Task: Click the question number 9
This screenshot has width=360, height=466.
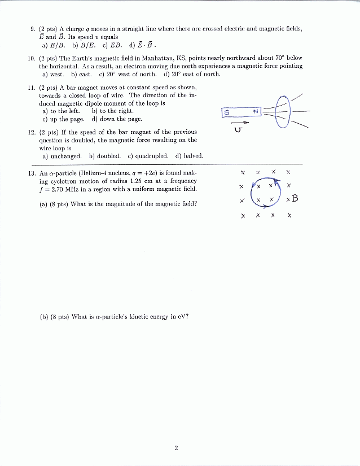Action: tap(31, 28)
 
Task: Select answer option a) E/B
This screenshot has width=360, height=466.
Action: tap(54, 45)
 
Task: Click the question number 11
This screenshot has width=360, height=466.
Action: tap(31, 88)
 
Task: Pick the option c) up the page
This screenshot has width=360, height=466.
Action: tap(64, 119)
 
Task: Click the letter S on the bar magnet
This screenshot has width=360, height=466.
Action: tap(227, 112)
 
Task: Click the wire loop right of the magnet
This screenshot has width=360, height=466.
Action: tap(283, 112)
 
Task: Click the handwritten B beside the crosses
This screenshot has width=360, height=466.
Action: tap(295, 199)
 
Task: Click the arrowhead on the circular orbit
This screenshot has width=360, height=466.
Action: tap(276, 181)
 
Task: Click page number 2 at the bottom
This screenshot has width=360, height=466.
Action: tap(176, 448)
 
